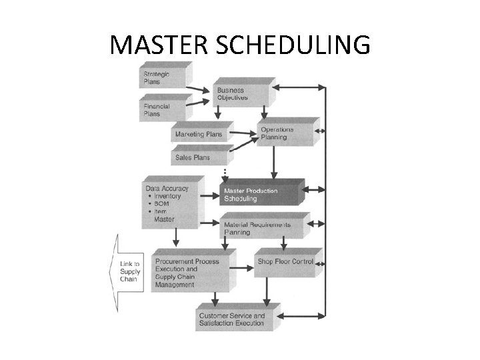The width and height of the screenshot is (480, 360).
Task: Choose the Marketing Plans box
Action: (x=199, y=134)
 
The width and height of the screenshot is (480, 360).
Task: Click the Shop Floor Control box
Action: (x=285, y=262)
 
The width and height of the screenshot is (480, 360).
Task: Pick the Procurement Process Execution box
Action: (x=190, y=273)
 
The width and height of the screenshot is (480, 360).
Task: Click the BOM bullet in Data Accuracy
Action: (x=163, y=204)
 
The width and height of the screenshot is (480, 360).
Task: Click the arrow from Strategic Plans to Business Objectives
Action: (x=198, y=89)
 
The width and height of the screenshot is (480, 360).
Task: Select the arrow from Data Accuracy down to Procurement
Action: (x=175, y=237)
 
